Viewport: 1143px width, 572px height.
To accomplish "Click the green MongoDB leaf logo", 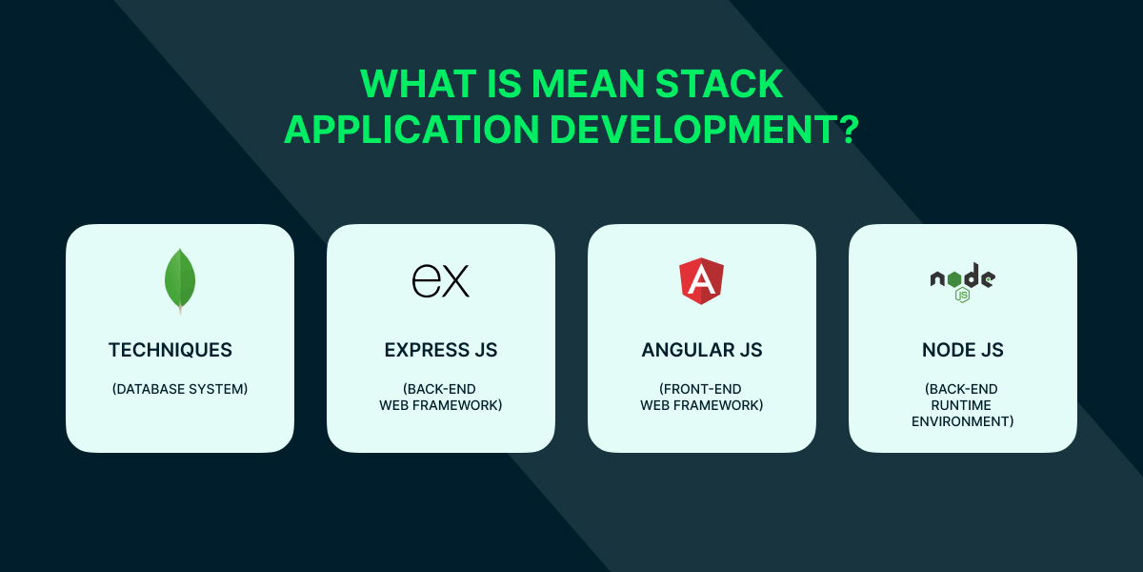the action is click(180, 281).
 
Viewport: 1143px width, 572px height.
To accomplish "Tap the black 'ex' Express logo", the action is click(441, 281).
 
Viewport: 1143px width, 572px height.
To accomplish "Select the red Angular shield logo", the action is click(702, 281).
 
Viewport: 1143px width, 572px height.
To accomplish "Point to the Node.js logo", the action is click(962, 282).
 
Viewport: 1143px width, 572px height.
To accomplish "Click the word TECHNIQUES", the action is click(170, 351).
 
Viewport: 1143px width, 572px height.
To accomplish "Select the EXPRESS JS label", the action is click(441, 351).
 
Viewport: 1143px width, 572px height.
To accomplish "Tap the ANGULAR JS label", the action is click(702, 351).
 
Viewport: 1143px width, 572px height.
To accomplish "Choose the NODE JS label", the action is click(963, 351).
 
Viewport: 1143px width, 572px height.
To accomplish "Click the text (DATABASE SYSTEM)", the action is click(180, 389).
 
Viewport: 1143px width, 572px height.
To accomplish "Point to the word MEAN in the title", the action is click(588, 84).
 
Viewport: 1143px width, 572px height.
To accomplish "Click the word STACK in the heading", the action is click(719, 84).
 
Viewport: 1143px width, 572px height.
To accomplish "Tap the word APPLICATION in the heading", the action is click(411, 130).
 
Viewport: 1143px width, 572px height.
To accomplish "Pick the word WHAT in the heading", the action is click(418, 84).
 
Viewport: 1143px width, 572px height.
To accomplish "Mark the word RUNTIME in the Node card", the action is click(961, 405).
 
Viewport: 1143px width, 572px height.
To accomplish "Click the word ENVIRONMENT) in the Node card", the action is click(963, 421).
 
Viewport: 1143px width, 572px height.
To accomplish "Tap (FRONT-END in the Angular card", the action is click(700, 389).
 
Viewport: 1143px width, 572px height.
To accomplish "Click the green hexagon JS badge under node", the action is click(962, 296).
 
